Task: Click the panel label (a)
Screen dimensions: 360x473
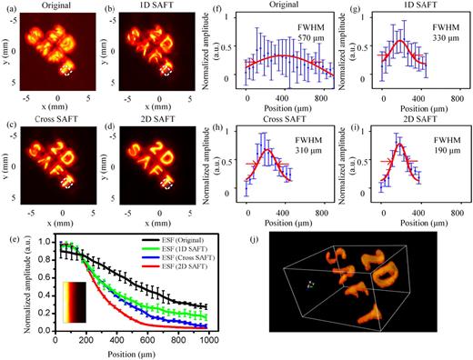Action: pos(10,9)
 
